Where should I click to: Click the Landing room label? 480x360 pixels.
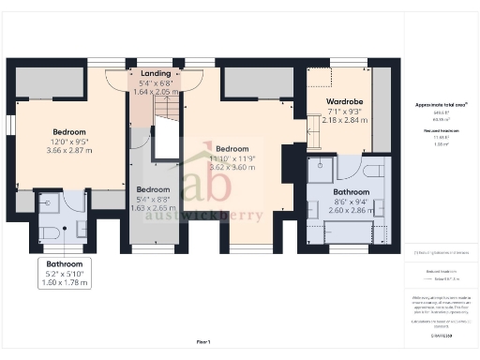(155, 72)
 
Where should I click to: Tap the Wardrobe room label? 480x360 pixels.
(344, 100)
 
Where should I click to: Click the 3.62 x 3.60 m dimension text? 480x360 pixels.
(232, 168)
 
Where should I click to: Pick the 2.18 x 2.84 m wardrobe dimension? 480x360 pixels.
(344, 121)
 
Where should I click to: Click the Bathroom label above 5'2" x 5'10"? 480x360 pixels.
(66, 264)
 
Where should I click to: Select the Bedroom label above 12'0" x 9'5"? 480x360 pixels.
(69, 132)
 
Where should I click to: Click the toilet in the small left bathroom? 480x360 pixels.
(48, 232)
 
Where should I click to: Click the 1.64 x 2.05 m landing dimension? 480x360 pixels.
(155, 92)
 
